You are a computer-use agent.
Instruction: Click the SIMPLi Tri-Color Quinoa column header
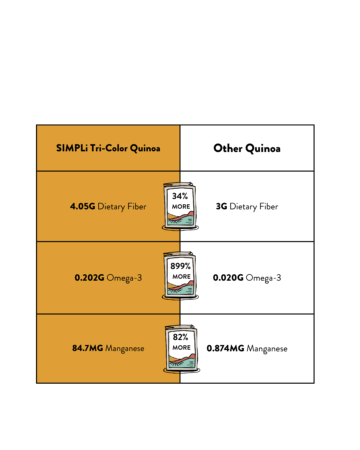[x=108, y=148]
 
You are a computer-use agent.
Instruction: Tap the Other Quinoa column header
[x=247, y=148]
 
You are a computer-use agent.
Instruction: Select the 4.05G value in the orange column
[x=83, y=206]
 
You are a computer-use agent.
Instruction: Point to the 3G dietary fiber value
[x=222, y=206]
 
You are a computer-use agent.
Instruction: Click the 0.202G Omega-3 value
[x=89, y=278]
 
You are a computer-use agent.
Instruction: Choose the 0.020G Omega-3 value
[x=228, y=278]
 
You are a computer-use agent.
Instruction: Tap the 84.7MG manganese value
[x=88, y=348]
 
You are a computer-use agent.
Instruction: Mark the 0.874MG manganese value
[x=225, y=348]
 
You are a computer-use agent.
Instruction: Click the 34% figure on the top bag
[x=180, y=196]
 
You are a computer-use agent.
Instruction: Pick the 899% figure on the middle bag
[x=180, y=266]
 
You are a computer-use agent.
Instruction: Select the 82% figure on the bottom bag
[x=180, y=337]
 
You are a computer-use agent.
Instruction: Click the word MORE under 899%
[x=181, y=276]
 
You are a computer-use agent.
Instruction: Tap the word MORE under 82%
[x=181, y=347]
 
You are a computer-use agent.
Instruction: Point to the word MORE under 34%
[x=181, y=206]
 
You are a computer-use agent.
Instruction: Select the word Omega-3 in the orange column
[x=124, y=278]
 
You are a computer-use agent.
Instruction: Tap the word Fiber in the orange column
[x=137, y=206]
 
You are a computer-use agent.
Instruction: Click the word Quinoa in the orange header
[x=145, y=149]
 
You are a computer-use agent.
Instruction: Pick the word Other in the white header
[x=228, y=148]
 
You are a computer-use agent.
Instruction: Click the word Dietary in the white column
[x=243, y=207]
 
